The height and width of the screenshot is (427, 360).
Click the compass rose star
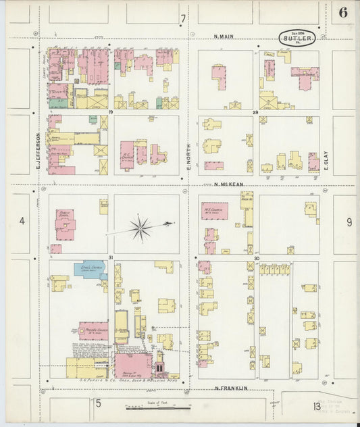pos(140,228)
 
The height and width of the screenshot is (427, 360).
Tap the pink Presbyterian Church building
pos(93,331)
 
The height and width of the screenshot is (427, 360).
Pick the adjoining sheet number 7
pos(182,18)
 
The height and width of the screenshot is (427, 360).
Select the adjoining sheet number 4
pos(22,221)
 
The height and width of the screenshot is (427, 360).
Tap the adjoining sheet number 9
pos(349,222)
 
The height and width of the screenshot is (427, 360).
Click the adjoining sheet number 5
pos(97,404)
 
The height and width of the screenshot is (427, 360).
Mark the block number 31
pos(110,257)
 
